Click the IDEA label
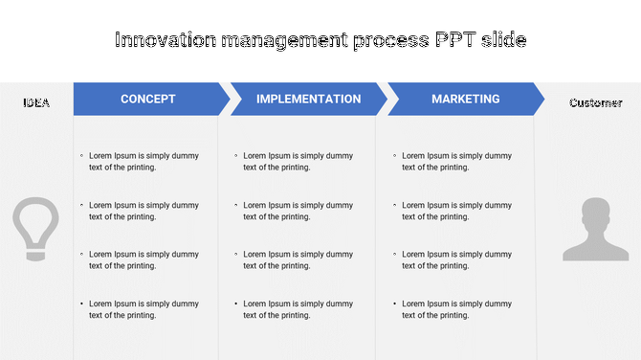tap(36, 103)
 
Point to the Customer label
tap(595, 103)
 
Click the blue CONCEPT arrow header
tap(148, 100)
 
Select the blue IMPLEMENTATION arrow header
tap(308, 100)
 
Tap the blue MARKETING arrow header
tap(465, 100)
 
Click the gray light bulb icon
tap(35, 228)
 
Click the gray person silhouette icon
tap(595, 230)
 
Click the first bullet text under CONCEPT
tap(144, 162)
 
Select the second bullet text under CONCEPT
tap(144, 211)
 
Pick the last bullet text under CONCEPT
tap(144, 309)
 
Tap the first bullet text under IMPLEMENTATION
tap(298, 162)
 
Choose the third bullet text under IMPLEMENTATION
tap(298, 260)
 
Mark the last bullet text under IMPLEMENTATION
tap(298, 309)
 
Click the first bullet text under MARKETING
tap(456, 162)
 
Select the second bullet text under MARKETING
tap(456, 211)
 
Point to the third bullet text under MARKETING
tap(456, 260)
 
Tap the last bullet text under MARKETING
tap(456, 309)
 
